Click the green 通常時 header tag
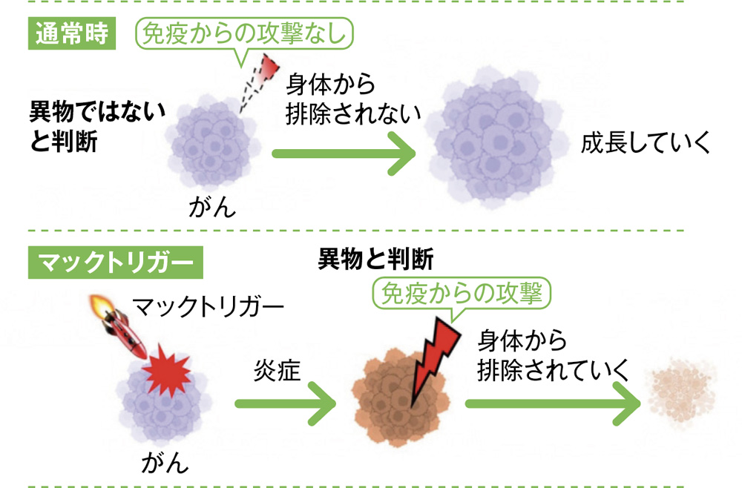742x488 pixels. tap(72, 34)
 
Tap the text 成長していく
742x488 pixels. tap(646, 143)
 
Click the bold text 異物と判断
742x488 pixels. tap(375, 259)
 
